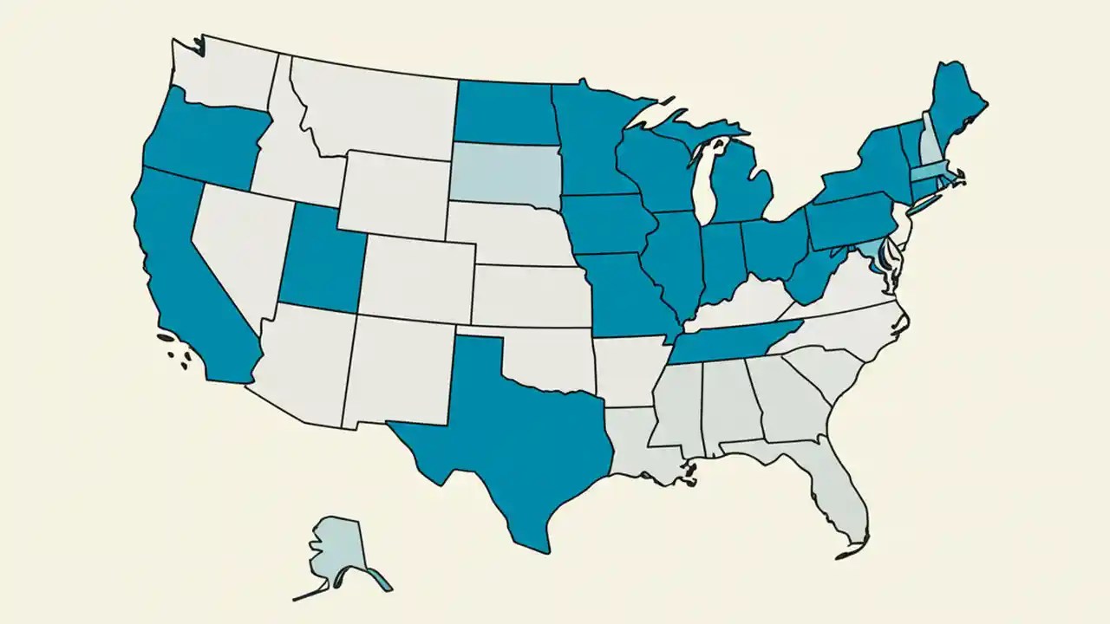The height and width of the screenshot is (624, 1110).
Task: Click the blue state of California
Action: [186, 277]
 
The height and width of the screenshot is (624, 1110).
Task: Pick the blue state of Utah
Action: [321, 260]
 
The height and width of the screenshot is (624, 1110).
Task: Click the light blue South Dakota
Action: [503, 173]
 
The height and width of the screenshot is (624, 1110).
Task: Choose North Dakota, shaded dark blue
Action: [503, 113]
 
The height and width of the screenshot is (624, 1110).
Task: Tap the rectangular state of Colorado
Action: [416, 277]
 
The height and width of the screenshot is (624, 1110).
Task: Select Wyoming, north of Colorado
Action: [395, 195]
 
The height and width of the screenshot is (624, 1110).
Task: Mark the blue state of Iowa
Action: [607, 225]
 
